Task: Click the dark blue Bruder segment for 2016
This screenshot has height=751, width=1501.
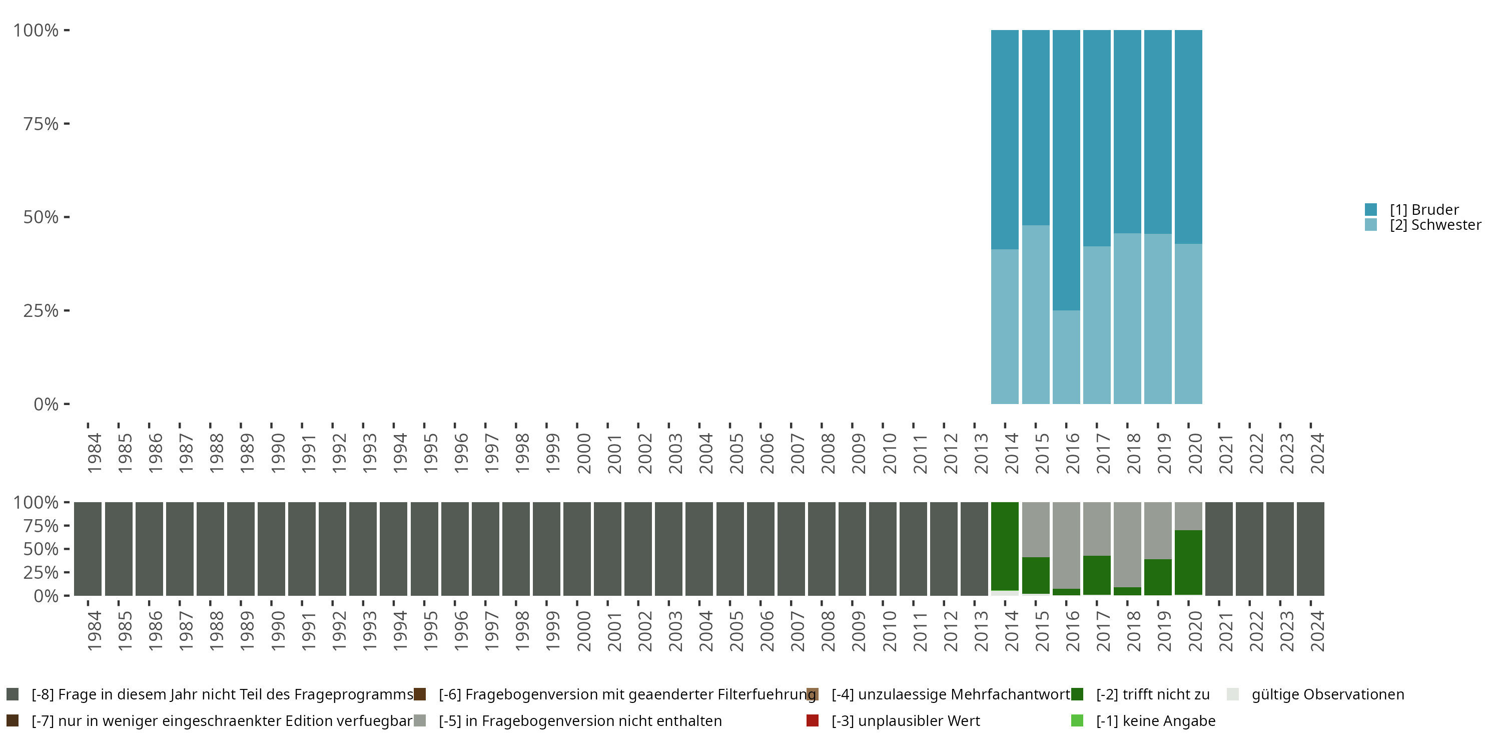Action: click(x=1066, y=169)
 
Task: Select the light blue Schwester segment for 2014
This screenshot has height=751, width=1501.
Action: click(x=1005, y=326)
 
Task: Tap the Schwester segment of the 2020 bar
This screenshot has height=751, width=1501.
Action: click(x=1188, y=323)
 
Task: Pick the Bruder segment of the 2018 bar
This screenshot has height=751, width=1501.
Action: click(x=1127, y=131)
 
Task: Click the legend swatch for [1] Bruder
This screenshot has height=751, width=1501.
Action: click(x=1370, y=209)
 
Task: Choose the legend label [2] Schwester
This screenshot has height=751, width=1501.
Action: click(x=1434, y=225)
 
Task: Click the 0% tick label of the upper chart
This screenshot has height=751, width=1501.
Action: click(x=46, y=404)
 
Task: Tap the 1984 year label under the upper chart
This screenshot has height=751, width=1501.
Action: click(x=94, y=453)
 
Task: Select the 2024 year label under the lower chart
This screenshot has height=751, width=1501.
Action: click(x=1317, y=631)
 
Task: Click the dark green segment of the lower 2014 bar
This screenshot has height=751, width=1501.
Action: click(x=1005, y=546)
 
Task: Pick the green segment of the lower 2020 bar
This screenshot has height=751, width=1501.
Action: click(x=1188, y=562)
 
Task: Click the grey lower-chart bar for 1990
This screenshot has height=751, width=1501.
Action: click(x=272, y=549)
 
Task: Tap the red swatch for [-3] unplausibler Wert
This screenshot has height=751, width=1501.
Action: click(x=812, y=720)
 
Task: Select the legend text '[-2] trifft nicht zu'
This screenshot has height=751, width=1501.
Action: click(x=1153, y=694)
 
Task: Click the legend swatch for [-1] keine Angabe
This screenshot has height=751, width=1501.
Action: click(x=1077, y=720)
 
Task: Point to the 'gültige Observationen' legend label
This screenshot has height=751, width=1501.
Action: click(x=1327, y=694)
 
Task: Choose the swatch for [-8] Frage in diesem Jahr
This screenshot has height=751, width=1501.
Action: click(x=12, y=694)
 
